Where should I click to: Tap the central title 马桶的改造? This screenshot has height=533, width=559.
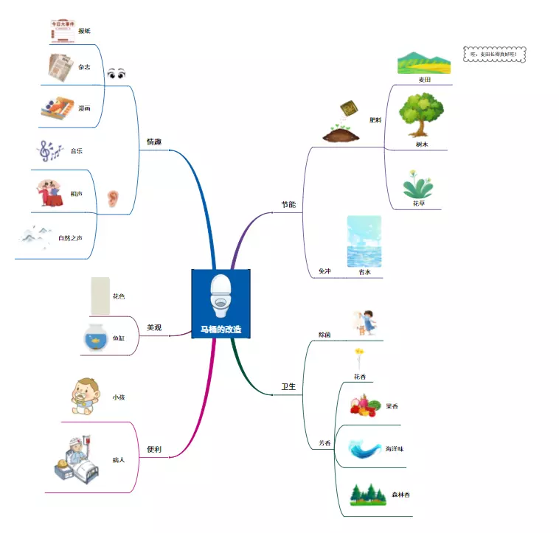click(221, 330)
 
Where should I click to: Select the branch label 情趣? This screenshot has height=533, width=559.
click(153, 142)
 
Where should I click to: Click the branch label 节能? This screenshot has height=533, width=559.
click(288, 204)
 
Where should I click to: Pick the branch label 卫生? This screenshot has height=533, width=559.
click(288, 386)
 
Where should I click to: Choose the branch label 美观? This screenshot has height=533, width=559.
click(154, 327)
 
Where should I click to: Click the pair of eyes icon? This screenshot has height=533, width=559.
click(117, 74)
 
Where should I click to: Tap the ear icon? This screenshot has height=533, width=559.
click(112, 198)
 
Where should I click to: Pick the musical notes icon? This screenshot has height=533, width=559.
click(50, 151)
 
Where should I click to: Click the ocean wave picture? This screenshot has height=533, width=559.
click(366, 448)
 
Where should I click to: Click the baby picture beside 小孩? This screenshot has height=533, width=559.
click(86, 397)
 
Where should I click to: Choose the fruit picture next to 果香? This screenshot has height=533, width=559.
click(364, 406)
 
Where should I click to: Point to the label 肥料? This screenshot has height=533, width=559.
click(375, 119)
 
